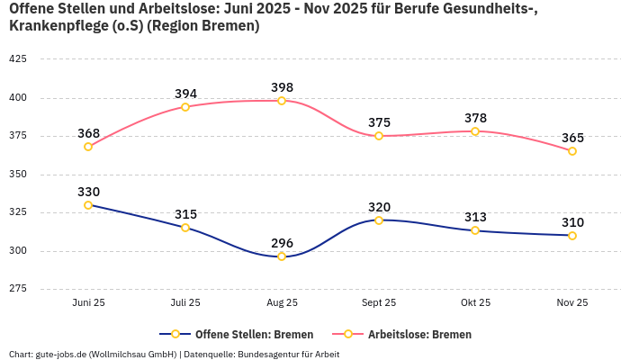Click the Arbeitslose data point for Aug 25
(x=282, y=101)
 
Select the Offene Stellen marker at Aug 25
(x=282, y=256)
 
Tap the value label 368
(x=88, y=133)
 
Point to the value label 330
(x=88, y=192)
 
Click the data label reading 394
(x=185, y=94)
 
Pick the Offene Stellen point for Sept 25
(x=379, y=220)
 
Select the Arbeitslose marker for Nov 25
(x=572, y=151)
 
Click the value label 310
(x=572, y=222)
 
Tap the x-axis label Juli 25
(x=185, y=302)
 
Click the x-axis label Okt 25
(x=475, y=302)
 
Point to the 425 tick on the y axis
(x=17, y=58)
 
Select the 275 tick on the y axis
(x=17, y=289)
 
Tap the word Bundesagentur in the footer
(x=268, y=354)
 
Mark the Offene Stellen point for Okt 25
(x=475, y=230)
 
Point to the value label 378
(x=475, y=118)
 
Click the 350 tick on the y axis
(x=17, y=174)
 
